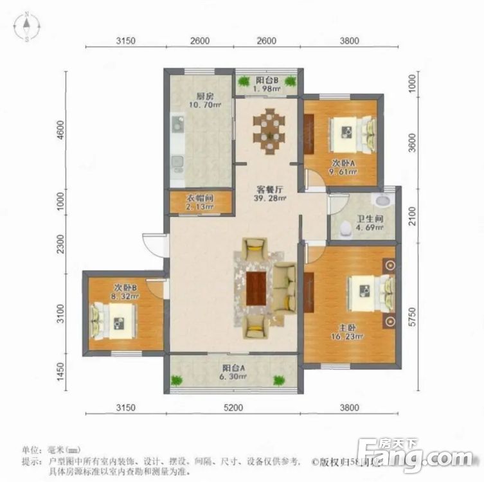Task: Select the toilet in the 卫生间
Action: [x=346, y=228]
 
